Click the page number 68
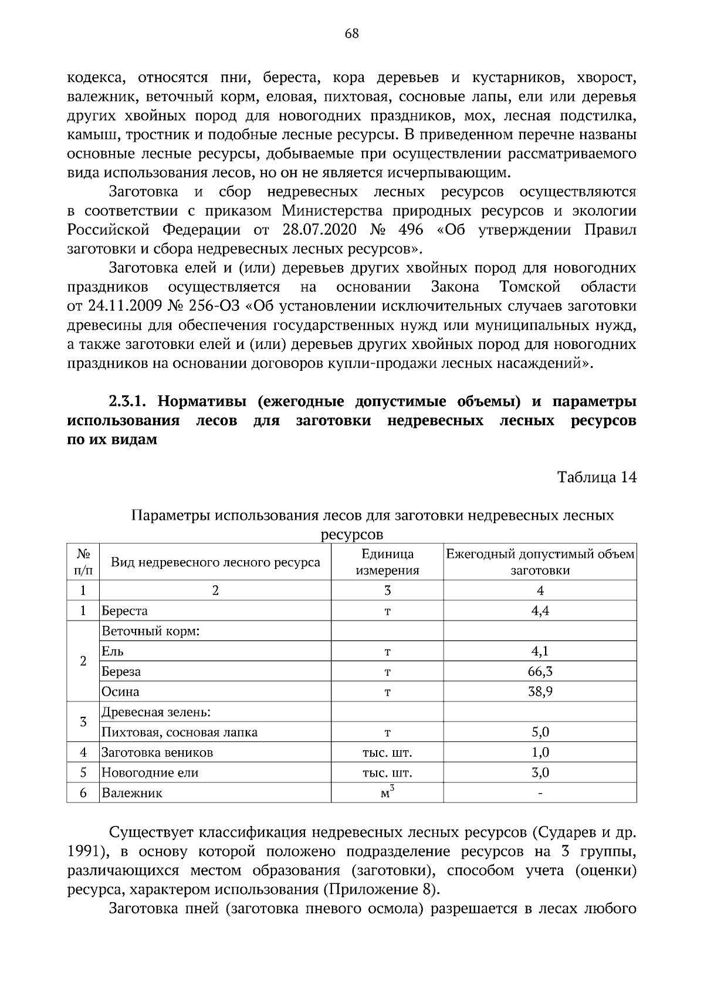pyautogui.click(x=351, y=33)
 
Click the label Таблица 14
pyautogui.click(x=597, y=477)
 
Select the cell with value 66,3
pyautogui.click(x=540, y=672)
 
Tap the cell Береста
pyautogui.click(x=124, y=611)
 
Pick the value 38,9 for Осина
pyautogui.click(x=540, y=692)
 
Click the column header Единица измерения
pyautogui.click(x=387, y=562)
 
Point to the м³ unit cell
pyautogui.click(x=387, y=792)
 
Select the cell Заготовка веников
pyautogui.click(x=157, y=753)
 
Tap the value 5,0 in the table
pyautogui.click(x=540, y=732)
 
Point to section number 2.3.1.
pyautogui.click(x=130, y=402)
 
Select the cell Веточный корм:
pyautogui.click(x=151, y=632)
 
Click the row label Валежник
pyautogui.click(x=132, y=793)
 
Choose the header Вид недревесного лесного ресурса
pyautogui.click(x=215, y=563)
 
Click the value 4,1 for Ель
pyautogui.click(x=540, y=651)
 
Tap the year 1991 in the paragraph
pyautogui.click(x=85, y=851)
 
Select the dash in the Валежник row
pyautogui.click(x=540, y=793)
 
